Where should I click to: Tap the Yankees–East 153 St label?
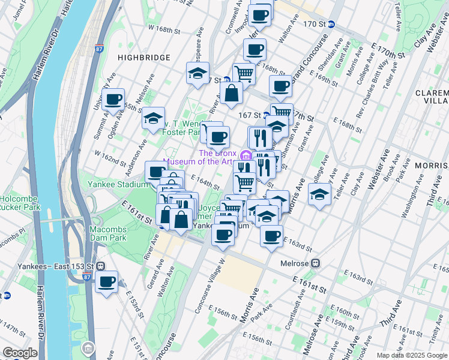pyautogui.click(x=48, y=266)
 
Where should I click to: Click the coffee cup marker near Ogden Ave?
pyautogui.click(x=113, y=100)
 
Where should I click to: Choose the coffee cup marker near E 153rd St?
pyautogui.click(x=107, y=281)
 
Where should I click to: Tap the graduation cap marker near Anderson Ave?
pyautogui.click(x=154, y=118)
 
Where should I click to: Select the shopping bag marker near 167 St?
pyautogui.click(x=232, y=93)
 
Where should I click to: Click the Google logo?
pyautogui.click(x=20, y=353)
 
